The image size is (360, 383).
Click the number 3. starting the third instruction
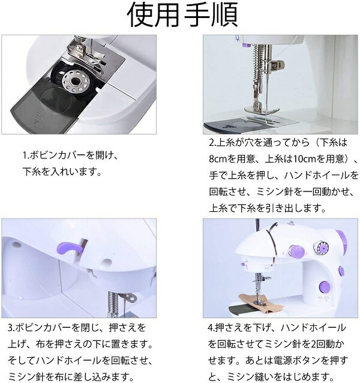click(x=12, y=328)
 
